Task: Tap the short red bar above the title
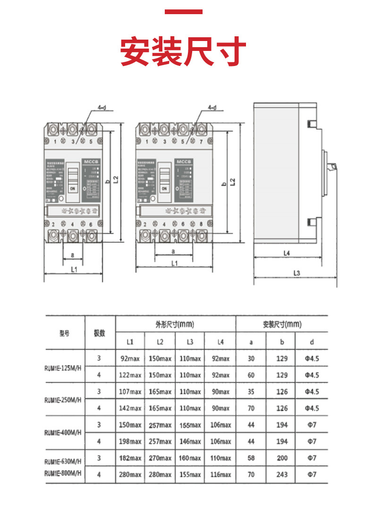[x=184, y=12]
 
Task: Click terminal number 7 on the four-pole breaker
[x=201, y=141]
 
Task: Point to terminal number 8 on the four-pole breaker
[x=201, y=224]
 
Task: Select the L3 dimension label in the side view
[x=297, y=273]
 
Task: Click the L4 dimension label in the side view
[x=286, y=253]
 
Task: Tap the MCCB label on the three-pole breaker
[x=90, y=162]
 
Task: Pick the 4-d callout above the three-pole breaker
[x=102, y=108]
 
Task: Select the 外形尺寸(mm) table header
[x=175, y=324]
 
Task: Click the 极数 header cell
[x=100, y=333]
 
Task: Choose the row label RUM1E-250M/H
[x=63, y=400]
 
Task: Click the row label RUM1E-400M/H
[x=63, y=433]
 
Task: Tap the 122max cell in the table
[x=130, y=375]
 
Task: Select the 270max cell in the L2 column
[x=160, y=458]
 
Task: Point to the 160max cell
[x=190, y=458]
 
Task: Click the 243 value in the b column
[x=282, y=474]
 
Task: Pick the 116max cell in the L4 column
[x=220, y=474]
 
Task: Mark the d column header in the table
[x=312, y=342]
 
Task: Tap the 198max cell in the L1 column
[x=130, y=441]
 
